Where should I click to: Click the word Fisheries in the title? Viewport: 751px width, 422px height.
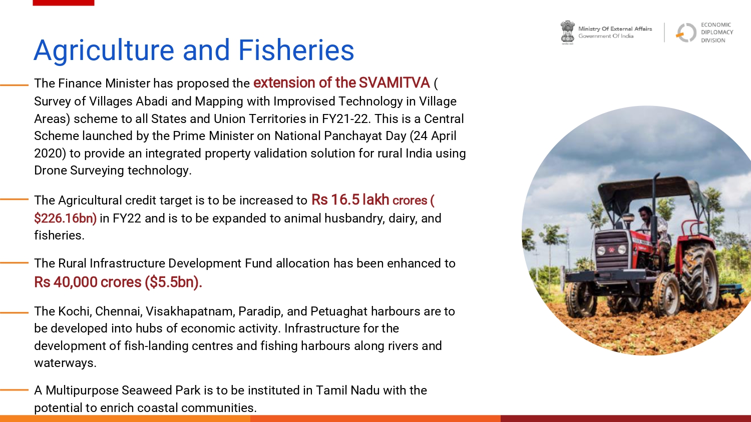tap(296, 50)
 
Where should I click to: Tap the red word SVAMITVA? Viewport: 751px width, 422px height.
tap(395, 82)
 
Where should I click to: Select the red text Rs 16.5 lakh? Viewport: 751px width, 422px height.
tap(350, 199)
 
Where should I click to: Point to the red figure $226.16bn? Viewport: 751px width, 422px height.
tap(66, 218)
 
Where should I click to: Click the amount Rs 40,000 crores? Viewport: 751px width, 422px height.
tap(88, 282)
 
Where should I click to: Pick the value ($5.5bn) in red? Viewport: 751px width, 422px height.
tap(173, 282)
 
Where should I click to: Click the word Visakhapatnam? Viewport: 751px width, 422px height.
tap(190, 311)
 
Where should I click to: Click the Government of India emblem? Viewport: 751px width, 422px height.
tap(567, 32)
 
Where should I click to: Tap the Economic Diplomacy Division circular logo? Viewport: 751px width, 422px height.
tap(686, 32)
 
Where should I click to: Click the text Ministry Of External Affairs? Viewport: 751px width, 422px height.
tap(615, 29)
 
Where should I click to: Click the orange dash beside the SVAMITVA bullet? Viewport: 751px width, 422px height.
tap(14, 85)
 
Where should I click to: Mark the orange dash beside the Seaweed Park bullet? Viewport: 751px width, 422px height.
tap(14, 390)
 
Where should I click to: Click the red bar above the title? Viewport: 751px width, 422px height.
tap(64, 2)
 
